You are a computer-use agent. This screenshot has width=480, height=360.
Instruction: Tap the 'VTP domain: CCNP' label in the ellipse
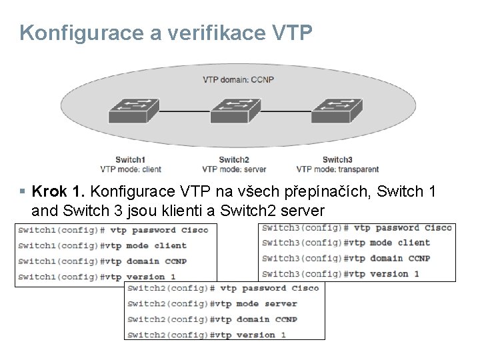(238, 80)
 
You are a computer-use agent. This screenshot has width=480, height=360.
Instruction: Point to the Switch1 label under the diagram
(131, 159)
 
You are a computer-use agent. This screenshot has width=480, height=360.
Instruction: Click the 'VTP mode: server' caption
(234, 169)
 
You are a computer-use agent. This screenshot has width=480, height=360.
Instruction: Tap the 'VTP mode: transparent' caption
(337, 169)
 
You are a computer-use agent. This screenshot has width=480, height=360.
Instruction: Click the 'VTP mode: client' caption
(131, 169)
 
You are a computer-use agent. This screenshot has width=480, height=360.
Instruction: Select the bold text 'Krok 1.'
(59, 192)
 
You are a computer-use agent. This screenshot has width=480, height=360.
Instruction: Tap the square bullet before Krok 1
(23, 193)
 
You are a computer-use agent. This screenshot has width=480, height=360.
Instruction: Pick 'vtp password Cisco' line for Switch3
(357, 228)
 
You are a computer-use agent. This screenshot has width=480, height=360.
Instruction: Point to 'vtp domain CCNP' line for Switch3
(356, 259)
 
